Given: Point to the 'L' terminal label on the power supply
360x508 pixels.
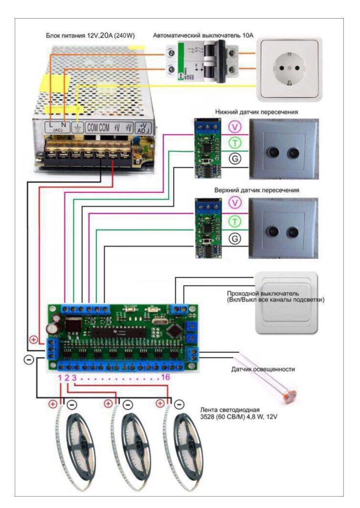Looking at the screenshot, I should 51,126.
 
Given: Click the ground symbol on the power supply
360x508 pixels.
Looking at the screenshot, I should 77,127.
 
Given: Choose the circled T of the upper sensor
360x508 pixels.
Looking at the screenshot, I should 236,221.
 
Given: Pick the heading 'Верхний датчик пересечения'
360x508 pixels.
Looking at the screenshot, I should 257,189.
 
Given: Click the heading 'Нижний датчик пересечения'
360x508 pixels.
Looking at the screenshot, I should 257,112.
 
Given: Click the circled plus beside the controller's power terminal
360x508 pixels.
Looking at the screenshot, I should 34,338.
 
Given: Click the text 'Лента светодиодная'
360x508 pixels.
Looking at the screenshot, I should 228,408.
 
